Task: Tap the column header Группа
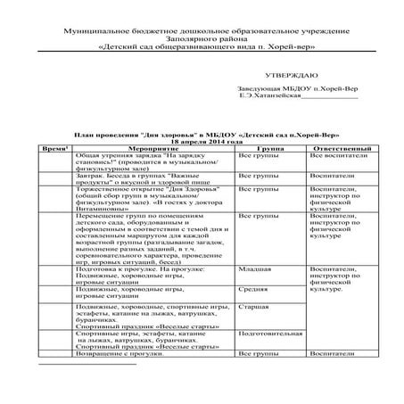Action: click(269, 147)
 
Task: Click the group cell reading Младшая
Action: click(255, 268)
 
